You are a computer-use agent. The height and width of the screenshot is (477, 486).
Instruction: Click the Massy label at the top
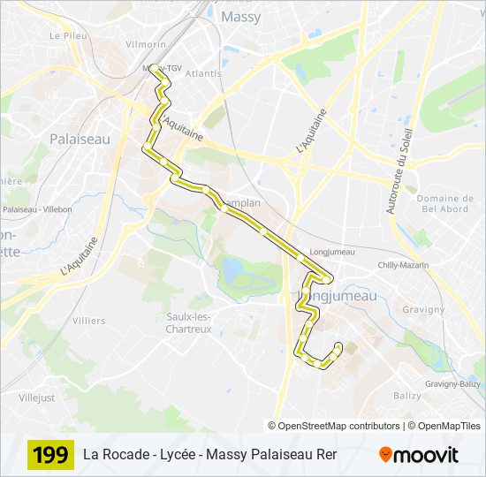[240, 16]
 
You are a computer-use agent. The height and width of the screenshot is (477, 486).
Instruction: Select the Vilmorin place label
[146, 44]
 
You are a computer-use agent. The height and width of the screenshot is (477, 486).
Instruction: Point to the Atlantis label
[204, 73]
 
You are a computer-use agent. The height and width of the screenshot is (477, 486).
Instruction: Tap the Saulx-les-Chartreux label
[188, 322]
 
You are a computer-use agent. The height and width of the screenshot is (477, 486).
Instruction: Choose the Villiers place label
[88, 321]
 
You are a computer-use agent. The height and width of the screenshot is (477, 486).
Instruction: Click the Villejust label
[36, 397]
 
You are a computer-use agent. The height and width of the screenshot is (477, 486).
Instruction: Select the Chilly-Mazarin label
[403, 265]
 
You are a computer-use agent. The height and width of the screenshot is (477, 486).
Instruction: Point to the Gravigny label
[423, 310]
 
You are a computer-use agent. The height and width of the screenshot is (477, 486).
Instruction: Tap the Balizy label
[407, 395]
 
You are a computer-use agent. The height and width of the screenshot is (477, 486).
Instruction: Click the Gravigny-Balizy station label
[452, 383]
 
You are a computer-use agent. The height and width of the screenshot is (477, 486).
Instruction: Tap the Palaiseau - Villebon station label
[37, 209]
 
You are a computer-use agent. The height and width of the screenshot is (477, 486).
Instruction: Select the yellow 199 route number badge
[50, 455]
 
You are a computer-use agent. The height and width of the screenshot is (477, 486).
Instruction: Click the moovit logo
[419, 455]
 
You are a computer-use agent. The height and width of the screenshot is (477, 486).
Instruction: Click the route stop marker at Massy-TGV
[154, 68]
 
